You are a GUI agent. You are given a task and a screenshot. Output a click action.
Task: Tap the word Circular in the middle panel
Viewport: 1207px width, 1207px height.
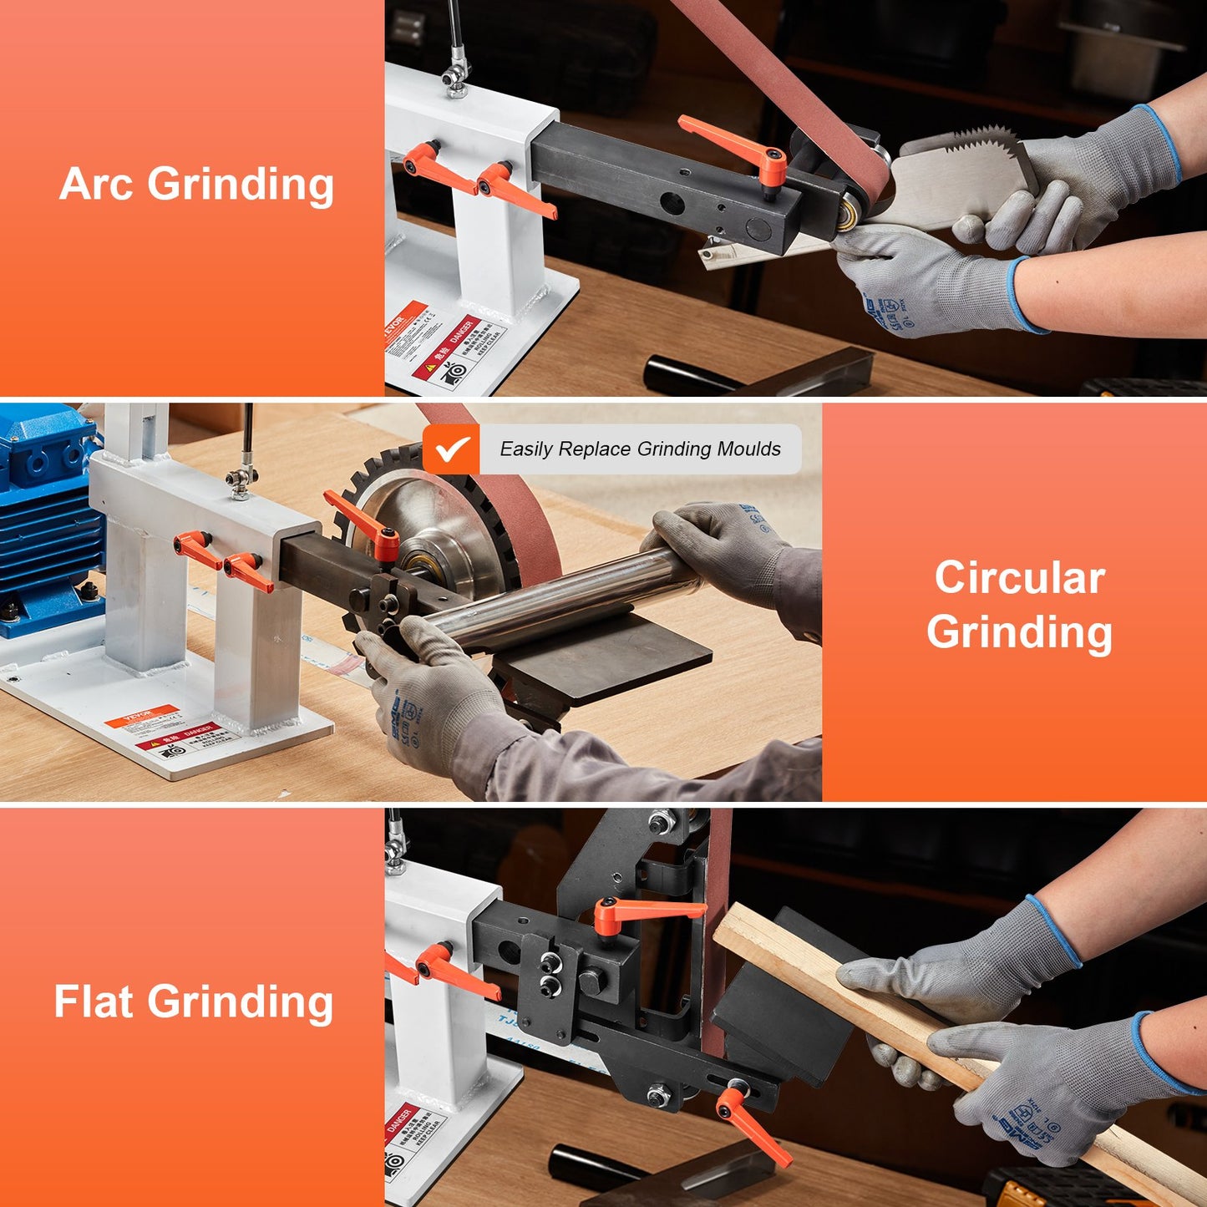1019,578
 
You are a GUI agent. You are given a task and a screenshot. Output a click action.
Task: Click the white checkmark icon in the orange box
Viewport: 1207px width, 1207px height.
451,449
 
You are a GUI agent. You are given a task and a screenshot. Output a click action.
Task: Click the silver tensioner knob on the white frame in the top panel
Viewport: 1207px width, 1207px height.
455,79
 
